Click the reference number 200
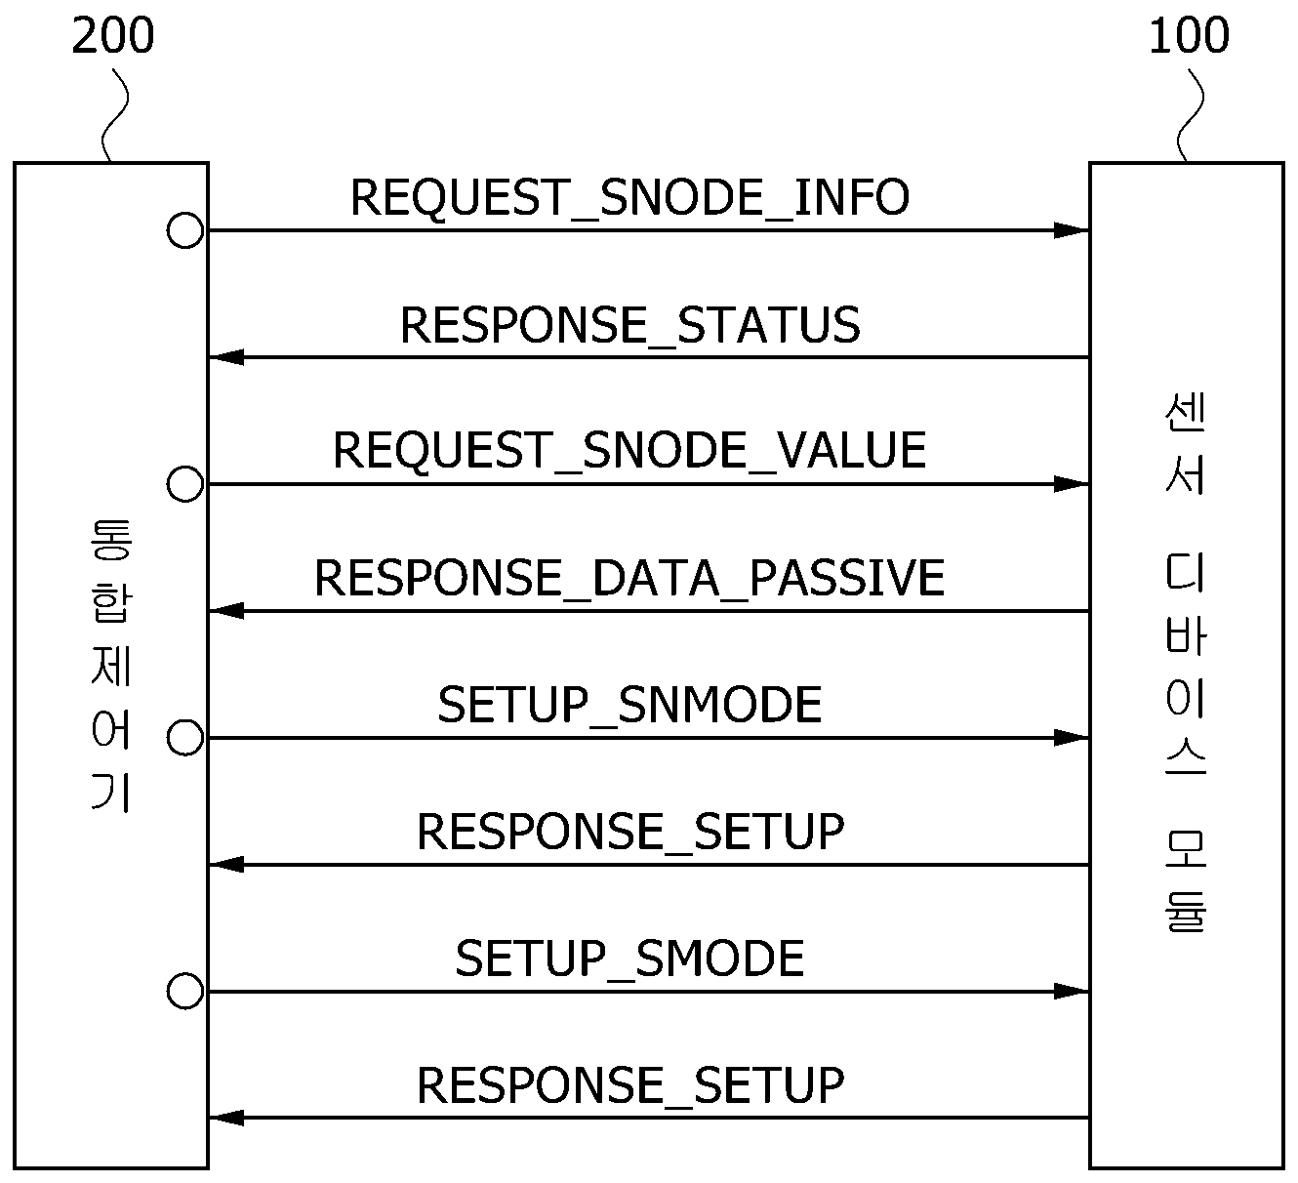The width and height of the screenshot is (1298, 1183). (x=112, y=35)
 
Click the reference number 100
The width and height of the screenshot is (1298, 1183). (x=1189, y=35)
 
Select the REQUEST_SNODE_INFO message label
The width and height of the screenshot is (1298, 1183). (x=629, y=198)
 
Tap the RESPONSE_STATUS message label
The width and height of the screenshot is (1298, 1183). (x=630, y=325)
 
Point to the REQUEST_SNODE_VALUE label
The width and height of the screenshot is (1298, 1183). (x=629, y=451)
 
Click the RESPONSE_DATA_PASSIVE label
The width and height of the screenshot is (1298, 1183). (x=629, y=578)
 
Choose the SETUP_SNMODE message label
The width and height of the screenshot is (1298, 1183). (x=629, y=705)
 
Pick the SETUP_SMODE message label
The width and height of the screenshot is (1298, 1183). (x=629, y=959)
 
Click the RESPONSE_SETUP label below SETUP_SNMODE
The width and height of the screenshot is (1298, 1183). (x=630, y=832)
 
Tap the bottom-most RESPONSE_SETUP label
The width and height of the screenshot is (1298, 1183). (x=630, y=1085)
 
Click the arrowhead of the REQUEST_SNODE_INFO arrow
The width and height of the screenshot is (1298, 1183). (x=1072, y=230)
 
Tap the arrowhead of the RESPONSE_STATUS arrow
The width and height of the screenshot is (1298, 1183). (x=226, y=357)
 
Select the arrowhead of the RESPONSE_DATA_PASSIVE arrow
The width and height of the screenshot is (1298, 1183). (x=226, y=611)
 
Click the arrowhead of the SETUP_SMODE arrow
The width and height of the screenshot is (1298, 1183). (x=1072, y=992)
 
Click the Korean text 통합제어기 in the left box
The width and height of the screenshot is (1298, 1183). (x=111, y=666)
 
